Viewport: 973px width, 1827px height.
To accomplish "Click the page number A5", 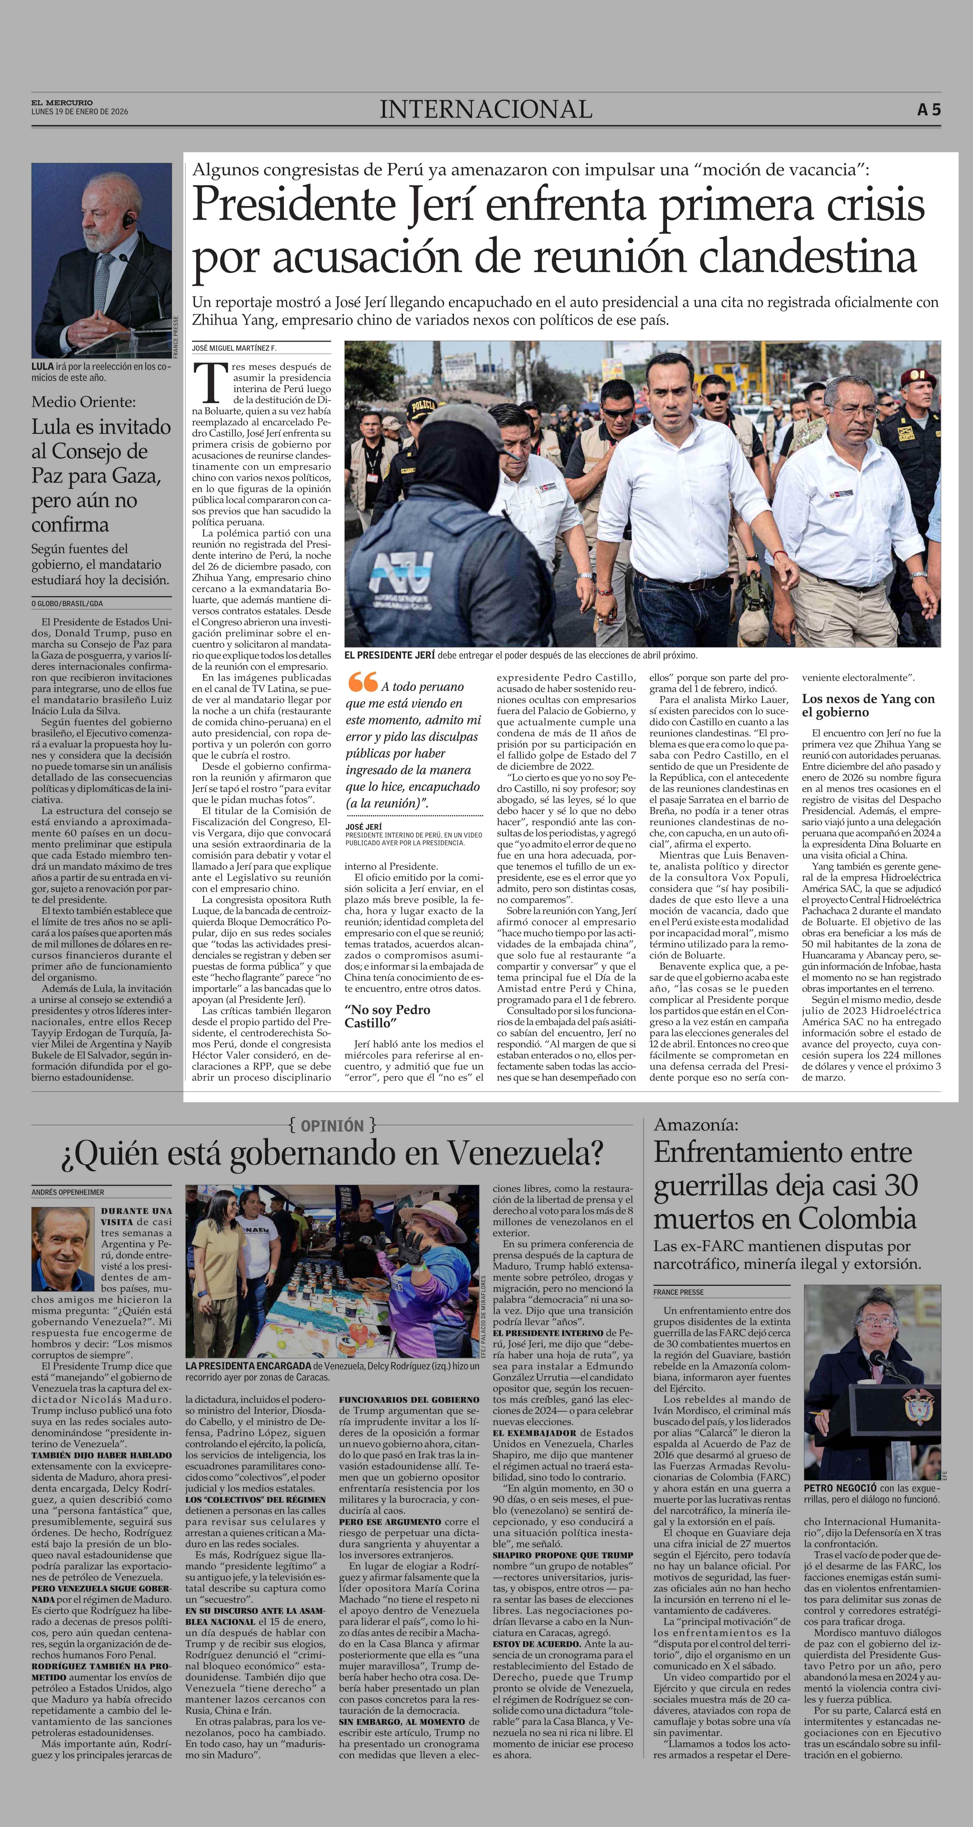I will tap(928, 110).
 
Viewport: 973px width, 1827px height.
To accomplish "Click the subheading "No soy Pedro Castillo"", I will tap(387, 1016).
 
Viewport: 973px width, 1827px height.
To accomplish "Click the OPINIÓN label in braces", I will tap(332, 1126).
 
